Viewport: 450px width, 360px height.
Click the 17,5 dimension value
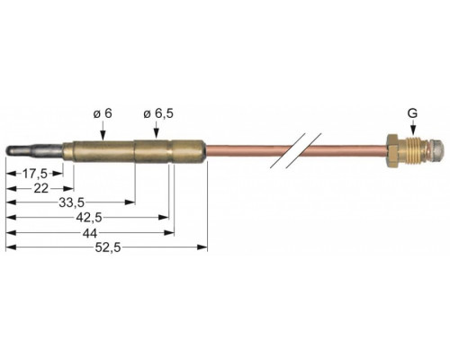click(x=35, y=174)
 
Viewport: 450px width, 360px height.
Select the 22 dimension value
click(x=41, y=189)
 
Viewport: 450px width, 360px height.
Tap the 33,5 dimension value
click(x=72, y=202)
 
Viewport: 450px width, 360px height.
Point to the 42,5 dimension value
click(x=89, y=218)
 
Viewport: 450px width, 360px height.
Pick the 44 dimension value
click(x=90, y=233)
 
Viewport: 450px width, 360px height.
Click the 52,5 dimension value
click(x=108, y=247)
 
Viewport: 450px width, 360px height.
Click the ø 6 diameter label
click(x=103, y=113)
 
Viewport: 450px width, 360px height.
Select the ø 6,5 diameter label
click(x=158, y=113)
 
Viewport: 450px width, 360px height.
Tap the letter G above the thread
click(x=412, y=113)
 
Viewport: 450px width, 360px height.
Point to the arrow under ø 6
click(x=103, y=130)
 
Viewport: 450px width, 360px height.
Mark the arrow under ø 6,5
click(x=157, y=130)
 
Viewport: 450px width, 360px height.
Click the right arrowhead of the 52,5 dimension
click(x=202, y=247)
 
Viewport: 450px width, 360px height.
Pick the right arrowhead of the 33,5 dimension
click(x=130, y=202)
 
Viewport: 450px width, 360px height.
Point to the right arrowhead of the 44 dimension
click(x=169, y=232)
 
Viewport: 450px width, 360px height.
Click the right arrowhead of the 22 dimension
click(x=68, y=189)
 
